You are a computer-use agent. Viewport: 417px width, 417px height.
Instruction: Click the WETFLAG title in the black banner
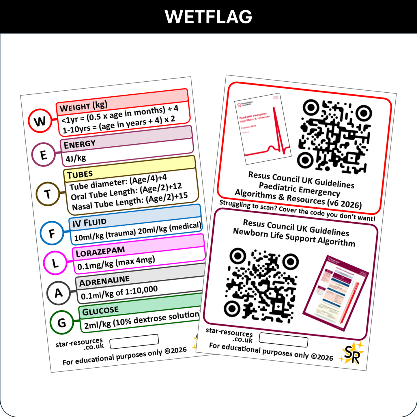pos(208,17)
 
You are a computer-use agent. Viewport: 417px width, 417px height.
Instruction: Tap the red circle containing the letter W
pos(40,121)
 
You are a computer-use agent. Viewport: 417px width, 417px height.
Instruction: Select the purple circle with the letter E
pos(43,155)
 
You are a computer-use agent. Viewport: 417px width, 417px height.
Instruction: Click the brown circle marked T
pos(48,194)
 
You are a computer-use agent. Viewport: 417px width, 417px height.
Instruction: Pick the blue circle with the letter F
pos(52,233)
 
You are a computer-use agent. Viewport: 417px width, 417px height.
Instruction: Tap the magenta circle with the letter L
pos(55,263)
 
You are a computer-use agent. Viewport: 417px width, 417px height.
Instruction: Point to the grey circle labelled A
pos(59,293)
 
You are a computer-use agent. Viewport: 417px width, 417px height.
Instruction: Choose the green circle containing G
pos(61,322)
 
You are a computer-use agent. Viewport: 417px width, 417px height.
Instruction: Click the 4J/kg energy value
pos(76,158)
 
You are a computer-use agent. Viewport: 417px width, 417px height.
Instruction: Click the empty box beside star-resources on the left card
pos(134,341)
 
